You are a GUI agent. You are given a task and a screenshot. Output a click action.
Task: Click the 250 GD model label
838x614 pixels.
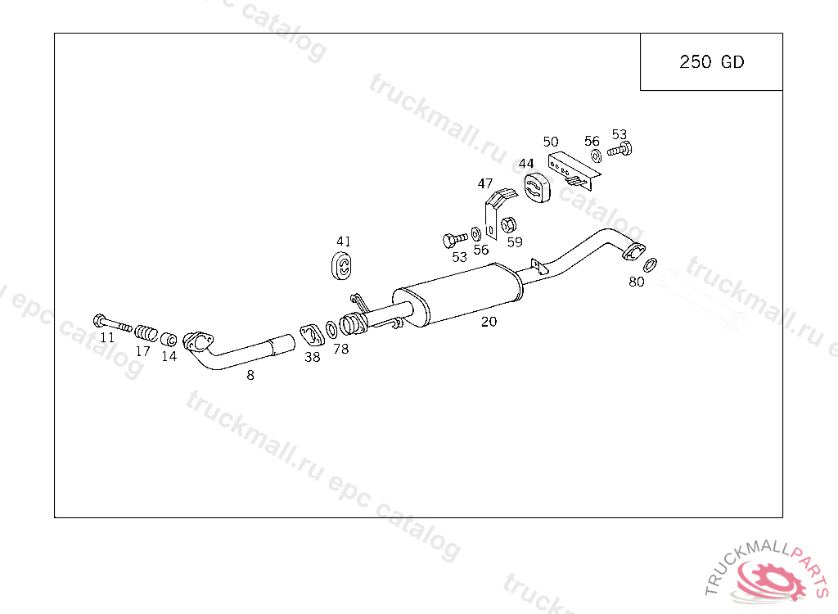[711, 62]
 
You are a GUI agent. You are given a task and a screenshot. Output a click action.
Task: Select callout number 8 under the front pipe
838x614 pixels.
[250, 376]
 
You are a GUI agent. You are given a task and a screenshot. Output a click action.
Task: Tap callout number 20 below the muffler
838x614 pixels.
[489, 322]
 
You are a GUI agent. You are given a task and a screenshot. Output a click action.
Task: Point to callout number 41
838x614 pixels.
[343, 242]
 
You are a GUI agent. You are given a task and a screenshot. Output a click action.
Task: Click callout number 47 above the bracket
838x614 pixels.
[484, 184]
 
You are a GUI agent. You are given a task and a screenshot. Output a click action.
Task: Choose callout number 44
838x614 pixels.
[526, 164]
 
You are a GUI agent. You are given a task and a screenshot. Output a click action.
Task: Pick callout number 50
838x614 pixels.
[551, 142]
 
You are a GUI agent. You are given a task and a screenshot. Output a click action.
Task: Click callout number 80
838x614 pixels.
[636, 282]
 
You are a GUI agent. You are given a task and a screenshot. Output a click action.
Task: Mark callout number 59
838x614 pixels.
[515, 242]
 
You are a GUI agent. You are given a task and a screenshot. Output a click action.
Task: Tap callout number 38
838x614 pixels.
[312, 357]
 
